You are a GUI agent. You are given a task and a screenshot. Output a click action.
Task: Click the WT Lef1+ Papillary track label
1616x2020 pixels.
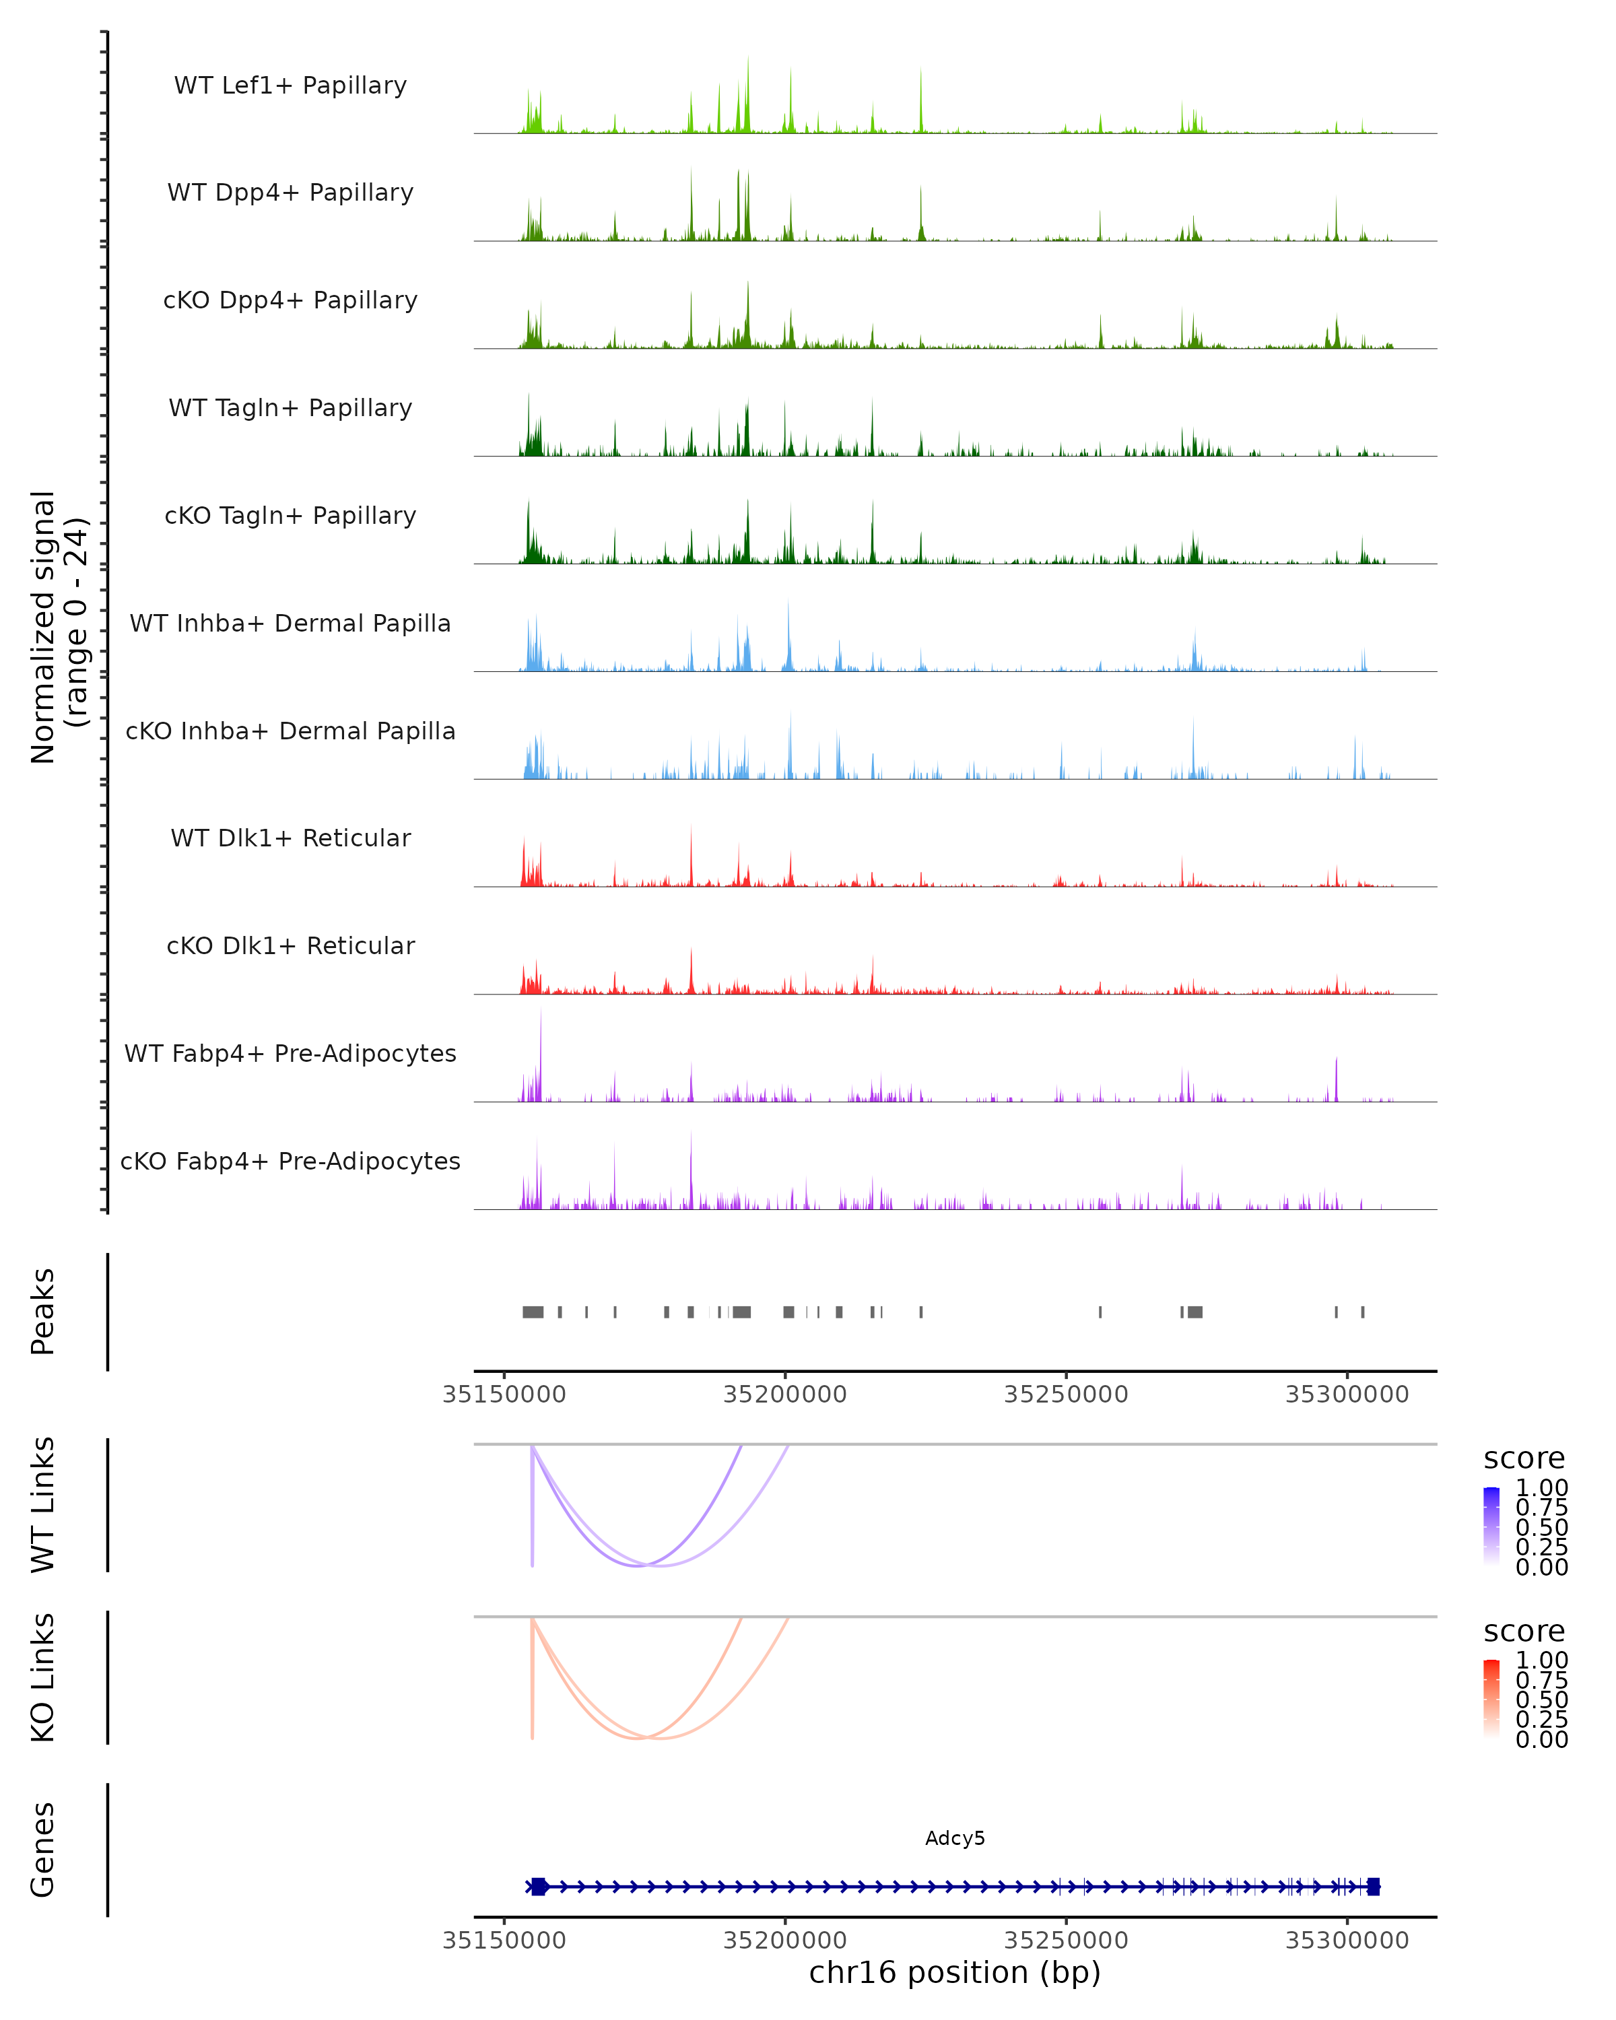pos(290,86)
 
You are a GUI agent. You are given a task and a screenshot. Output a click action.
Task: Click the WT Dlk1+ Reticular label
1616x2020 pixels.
pos(290,838)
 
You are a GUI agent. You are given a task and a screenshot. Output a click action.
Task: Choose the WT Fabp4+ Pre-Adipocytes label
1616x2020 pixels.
pos(290,1053)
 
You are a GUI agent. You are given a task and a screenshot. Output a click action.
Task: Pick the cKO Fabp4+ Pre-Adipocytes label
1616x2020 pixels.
pos(290,1161)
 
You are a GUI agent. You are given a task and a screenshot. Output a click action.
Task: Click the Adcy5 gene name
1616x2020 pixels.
pos(955,1838)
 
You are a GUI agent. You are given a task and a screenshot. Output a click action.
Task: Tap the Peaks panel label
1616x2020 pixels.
pos(43,1311)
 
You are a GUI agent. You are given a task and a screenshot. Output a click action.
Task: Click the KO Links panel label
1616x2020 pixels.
pos(43,1677)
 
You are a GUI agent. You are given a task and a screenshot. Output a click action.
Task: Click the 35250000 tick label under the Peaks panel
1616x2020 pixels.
pos(1066,1394)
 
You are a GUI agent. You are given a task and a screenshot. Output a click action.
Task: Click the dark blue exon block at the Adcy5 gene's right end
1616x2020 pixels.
pos(1374,1886)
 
